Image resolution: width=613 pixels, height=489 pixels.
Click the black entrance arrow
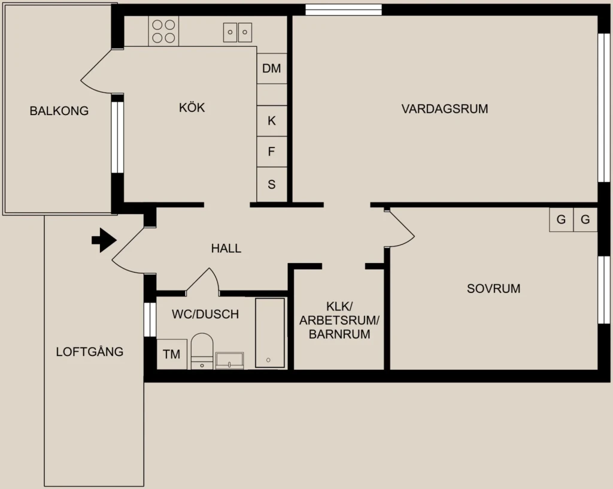[104, 240]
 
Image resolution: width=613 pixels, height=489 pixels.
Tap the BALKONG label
[59, 111]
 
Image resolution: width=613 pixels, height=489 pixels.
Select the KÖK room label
[192, 107]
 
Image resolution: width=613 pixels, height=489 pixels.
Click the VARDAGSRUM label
[445, 108]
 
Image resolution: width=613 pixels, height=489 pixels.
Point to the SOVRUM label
[493, 289]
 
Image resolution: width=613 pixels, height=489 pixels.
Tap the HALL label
[226, 249]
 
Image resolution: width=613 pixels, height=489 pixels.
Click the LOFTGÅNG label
[90, 351]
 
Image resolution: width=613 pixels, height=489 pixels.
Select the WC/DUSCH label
[205, 314]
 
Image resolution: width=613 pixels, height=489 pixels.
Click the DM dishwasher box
[272, 68]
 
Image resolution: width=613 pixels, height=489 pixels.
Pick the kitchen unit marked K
[272, 121]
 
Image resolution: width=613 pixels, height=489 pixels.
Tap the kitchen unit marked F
[272, 152]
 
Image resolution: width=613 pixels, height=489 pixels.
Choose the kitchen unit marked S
[272, 184]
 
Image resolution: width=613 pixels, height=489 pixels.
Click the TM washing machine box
[172, 354]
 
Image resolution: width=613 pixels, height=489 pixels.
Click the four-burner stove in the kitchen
[163, 31]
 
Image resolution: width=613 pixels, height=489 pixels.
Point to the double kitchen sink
[237, 32]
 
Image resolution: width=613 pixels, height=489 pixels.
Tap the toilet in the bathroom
[202, 351]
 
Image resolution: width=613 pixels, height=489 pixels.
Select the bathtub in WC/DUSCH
[270, 333]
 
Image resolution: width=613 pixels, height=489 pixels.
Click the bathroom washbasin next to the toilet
[230, 361]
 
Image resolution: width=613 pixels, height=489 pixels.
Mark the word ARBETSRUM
[339, 321]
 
